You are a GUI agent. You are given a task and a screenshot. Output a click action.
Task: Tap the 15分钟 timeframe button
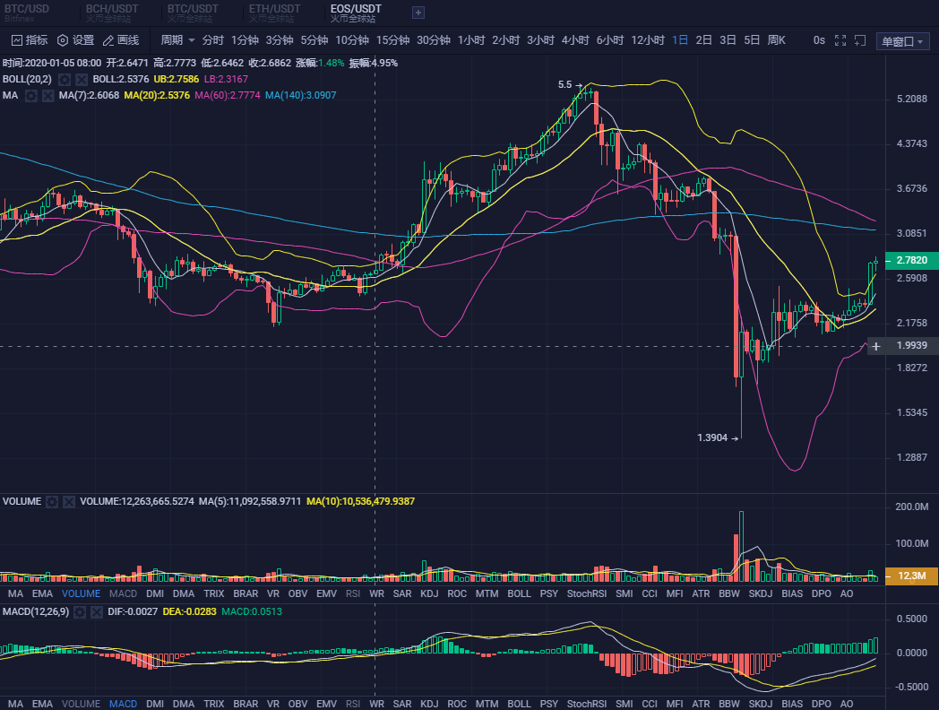(x=392, y=40)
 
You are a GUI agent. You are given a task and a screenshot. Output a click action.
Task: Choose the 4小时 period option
(x=575, y=40)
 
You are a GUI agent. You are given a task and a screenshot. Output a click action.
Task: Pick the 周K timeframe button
(x=776, y=40)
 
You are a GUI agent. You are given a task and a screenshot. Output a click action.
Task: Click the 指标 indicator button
(x=30, y=40)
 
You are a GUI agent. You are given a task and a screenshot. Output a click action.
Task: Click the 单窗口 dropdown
(x=903, y=41)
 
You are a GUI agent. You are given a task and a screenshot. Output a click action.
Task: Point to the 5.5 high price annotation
(x=564, y=84)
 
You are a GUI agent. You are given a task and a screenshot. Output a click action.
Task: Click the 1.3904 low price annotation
(x=713, y=437)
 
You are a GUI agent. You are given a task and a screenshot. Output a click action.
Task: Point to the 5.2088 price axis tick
(x=911, y=99)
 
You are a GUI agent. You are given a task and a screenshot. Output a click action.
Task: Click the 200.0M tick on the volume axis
(x=911, y=507)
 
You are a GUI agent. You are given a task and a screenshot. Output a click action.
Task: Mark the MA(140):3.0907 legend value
(x=301, y=95)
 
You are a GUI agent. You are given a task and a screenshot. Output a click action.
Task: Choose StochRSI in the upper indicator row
(x=587, y=593)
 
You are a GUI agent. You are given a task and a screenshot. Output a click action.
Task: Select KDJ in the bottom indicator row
(x=429, y=704)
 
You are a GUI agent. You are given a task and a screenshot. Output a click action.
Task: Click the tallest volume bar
(x=742, y=546)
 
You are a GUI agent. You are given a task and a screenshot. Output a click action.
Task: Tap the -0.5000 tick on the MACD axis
(x=911, y=687)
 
